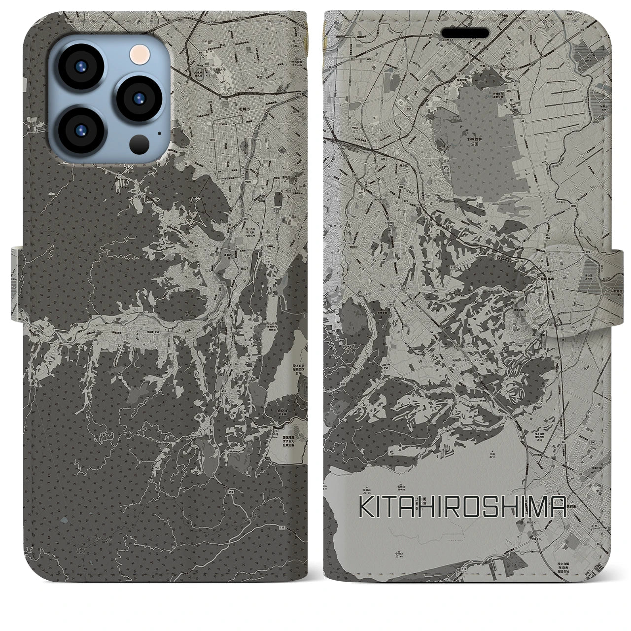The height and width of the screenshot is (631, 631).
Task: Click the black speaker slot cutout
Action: click(465, 33)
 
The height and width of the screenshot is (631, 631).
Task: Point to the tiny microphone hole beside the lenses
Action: click(159, 133)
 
